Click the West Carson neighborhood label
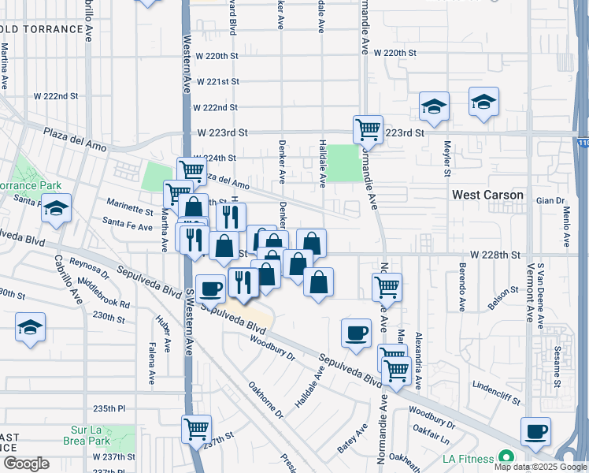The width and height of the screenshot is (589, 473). coord(487,194)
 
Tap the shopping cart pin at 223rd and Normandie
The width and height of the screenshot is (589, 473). coord(368,128)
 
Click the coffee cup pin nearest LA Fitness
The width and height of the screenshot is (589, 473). coord(536,430)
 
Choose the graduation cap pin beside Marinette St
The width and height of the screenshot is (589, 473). coord(56,209)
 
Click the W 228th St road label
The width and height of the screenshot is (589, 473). coord(496,255)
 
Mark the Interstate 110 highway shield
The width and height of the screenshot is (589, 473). coord(582,143)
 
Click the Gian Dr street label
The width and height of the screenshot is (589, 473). coord(546,200)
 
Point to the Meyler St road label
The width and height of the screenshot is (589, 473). coord(447,158)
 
